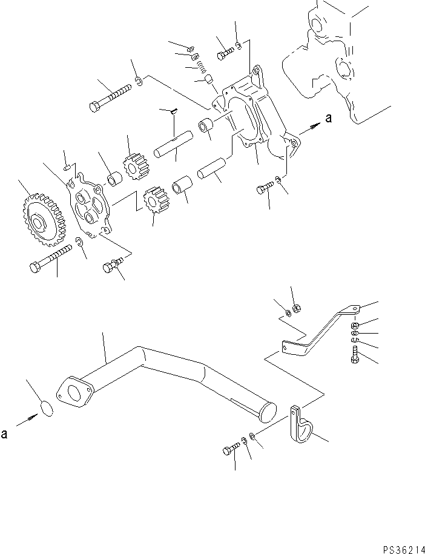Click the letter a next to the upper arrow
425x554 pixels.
click(x=328, y=119)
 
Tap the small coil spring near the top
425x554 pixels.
click(x=198, y=68)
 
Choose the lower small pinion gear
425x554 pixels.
click(x=155, y=199)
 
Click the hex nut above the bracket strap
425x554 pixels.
click(x=297, y=310)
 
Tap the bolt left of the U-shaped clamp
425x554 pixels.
click(x=231, y=449)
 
